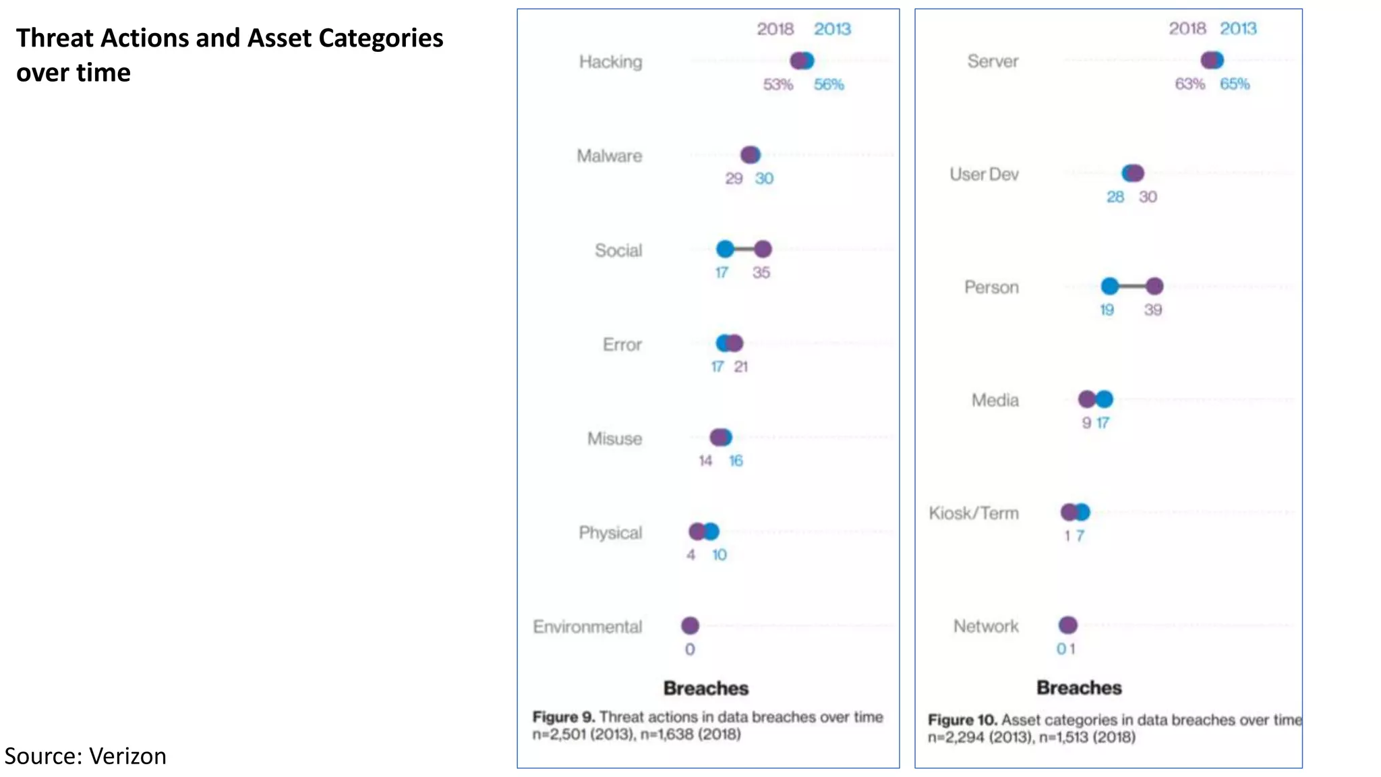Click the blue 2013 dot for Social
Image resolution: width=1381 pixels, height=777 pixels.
click(x=725, y=250)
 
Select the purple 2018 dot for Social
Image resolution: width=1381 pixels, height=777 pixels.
click(x=763, y=250)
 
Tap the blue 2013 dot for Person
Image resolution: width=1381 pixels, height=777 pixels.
click(x=1110, y=287)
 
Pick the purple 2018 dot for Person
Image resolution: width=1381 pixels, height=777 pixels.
click(x=1154, y=287)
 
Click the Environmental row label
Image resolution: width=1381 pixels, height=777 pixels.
click(x=587, y=627)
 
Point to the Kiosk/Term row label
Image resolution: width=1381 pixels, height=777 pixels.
click(x=974, y=513)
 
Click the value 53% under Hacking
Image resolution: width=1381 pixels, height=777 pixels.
click(x=778, y=85)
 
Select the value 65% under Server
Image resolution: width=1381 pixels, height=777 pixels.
click(x=1235, y=84)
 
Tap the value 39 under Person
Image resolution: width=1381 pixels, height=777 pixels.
click(x=1153, y=310)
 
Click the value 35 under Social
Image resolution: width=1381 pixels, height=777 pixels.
click(x=761, y=272)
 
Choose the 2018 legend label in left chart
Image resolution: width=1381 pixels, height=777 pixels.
click(x=775, y=29)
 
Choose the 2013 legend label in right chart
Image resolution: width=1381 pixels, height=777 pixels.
click(x=1238, y=28)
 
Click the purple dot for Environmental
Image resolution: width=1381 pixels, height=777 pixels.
click(x=690, y=626)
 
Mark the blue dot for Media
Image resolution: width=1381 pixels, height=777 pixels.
click(x=1105, y=399)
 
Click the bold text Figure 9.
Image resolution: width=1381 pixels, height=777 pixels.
click(x=564, y=717)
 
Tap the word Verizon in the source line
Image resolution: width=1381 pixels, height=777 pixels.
click(x=127, y=756)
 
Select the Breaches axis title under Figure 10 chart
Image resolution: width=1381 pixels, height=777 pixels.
click(x=1079, y=688)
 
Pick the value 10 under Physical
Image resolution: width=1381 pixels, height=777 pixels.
click(x=719, y=555)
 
